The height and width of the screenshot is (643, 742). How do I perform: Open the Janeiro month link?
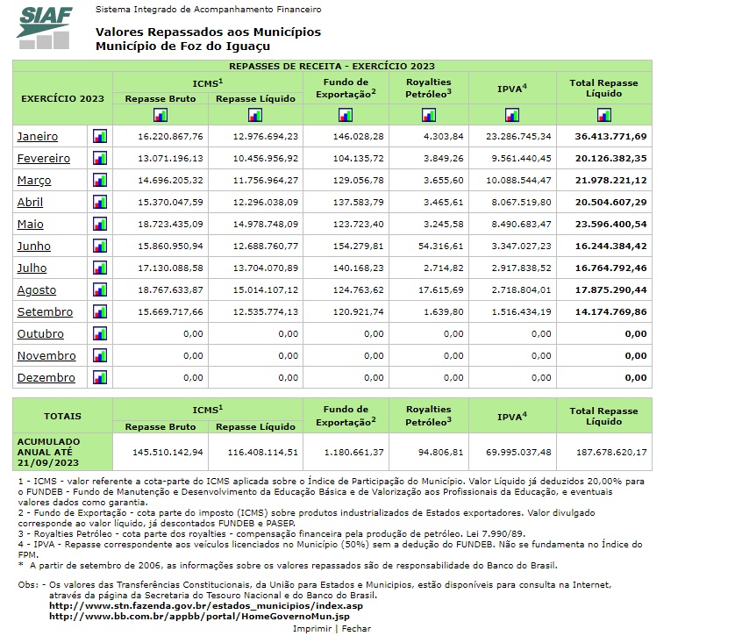click(x=38, y=137)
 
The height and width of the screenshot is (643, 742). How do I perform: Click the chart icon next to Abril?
click(x=100, y=202)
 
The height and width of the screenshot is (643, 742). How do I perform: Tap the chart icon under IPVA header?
click(x=512, y=115)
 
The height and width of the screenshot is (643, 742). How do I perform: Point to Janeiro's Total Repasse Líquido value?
click(x=610, y=137)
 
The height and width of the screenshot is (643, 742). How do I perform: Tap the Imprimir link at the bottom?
click(x=312, y=628)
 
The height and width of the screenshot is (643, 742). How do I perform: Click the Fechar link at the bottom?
click(x=356, y=628)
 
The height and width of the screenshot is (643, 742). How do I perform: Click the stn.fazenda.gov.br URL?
click(x=205, y=606)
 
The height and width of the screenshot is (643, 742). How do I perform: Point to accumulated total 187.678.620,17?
click(x=610, y=452)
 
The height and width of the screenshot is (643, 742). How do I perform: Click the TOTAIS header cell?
click(x=62, y=417)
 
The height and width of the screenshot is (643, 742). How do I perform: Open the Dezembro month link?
click(x=46, y=378)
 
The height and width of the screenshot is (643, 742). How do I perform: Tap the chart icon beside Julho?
click(x=100, y=268)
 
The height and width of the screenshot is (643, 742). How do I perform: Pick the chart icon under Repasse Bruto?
click(x=160, y=115)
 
